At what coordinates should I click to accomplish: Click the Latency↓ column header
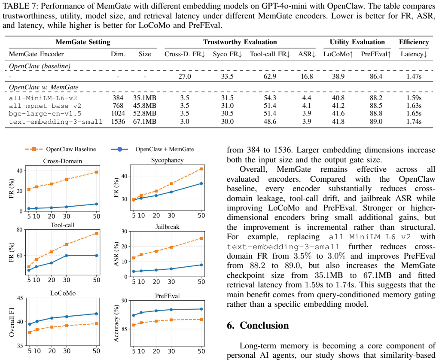(x=414, y=54)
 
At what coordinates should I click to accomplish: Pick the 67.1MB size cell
(x=144, y=122)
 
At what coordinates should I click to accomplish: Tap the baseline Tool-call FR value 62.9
(x=270, y=76)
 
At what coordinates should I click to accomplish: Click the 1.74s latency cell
(x=414, y=122)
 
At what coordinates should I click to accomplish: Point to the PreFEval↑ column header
(x=376, y=54)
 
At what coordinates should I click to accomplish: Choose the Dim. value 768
(x=118, y=106)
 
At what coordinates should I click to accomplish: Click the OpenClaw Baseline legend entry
(x=61, y=149)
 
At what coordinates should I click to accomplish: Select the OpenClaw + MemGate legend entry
(x=152, y=149)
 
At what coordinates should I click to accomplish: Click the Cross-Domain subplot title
(x=63, y=161)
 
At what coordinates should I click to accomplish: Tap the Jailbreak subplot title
(x=168, y=227)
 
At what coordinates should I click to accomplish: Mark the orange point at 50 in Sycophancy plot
(x=201, y=169)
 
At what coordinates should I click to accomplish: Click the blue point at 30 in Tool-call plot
(x=66, y=256)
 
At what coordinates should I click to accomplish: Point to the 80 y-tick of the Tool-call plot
(x=20, y=230)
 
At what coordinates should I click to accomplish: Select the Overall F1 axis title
(x=12, y=322)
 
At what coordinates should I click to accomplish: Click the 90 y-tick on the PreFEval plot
(x=124, y=301)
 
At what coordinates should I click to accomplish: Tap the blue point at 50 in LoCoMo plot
(x=96, y=314)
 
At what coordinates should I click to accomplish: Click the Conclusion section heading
(x=258, y=325)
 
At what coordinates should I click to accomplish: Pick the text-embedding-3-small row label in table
(x=56, y=122)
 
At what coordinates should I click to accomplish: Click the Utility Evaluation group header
(x=357, y=42)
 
